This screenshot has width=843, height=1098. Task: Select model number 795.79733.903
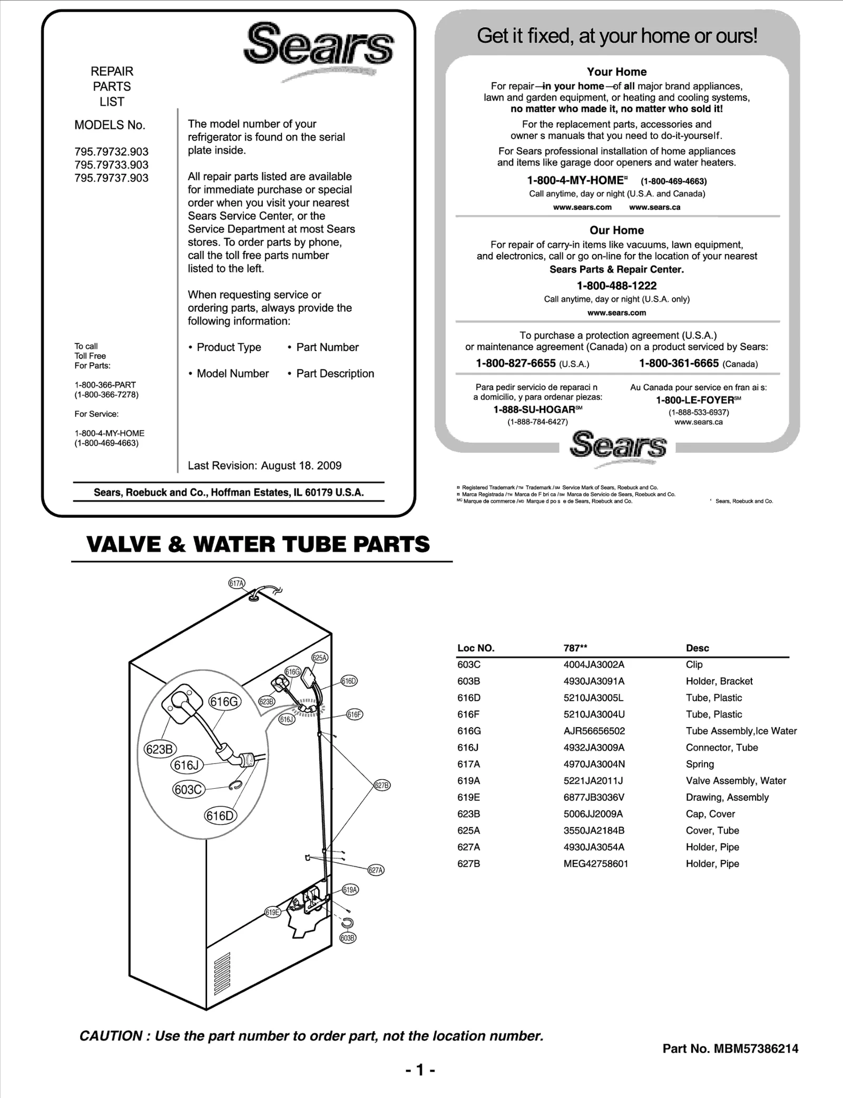(x=111, y=165)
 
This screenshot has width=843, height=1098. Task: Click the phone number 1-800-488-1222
(x=616, y=286)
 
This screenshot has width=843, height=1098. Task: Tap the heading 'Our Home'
(x=616, y=230)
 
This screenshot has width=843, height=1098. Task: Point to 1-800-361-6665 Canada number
(x=679, y=364)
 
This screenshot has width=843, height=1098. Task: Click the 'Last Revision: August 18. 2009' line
(x=264, y=466)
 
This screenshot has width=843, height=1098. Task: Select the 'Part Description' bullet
(x=335, y=374)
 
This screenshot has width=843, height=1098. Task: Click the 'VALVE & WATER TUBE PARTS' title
(x=258, y=544)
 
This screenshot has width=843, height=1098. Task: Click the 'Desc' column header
(x=697, y=648)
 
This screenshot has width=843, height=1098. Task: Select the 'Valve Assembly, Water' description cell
(x=736, y=781)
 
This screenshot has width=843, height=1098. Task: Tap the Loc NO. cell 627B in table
(x=468, y=864)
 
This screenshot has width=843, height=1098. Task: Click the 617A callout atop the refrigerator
(x=237, y=583)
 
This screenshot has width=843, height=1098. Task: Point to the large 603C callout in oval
(x=188, y=790)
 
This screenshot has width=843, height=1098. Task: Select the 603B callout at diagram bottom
(x=347, y=938)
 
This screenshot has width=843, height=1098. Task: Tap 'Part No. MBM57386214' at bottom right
(x=730, y=1048)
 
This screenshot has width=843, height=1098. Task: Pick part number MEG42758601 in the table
(x=595, y=864)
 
